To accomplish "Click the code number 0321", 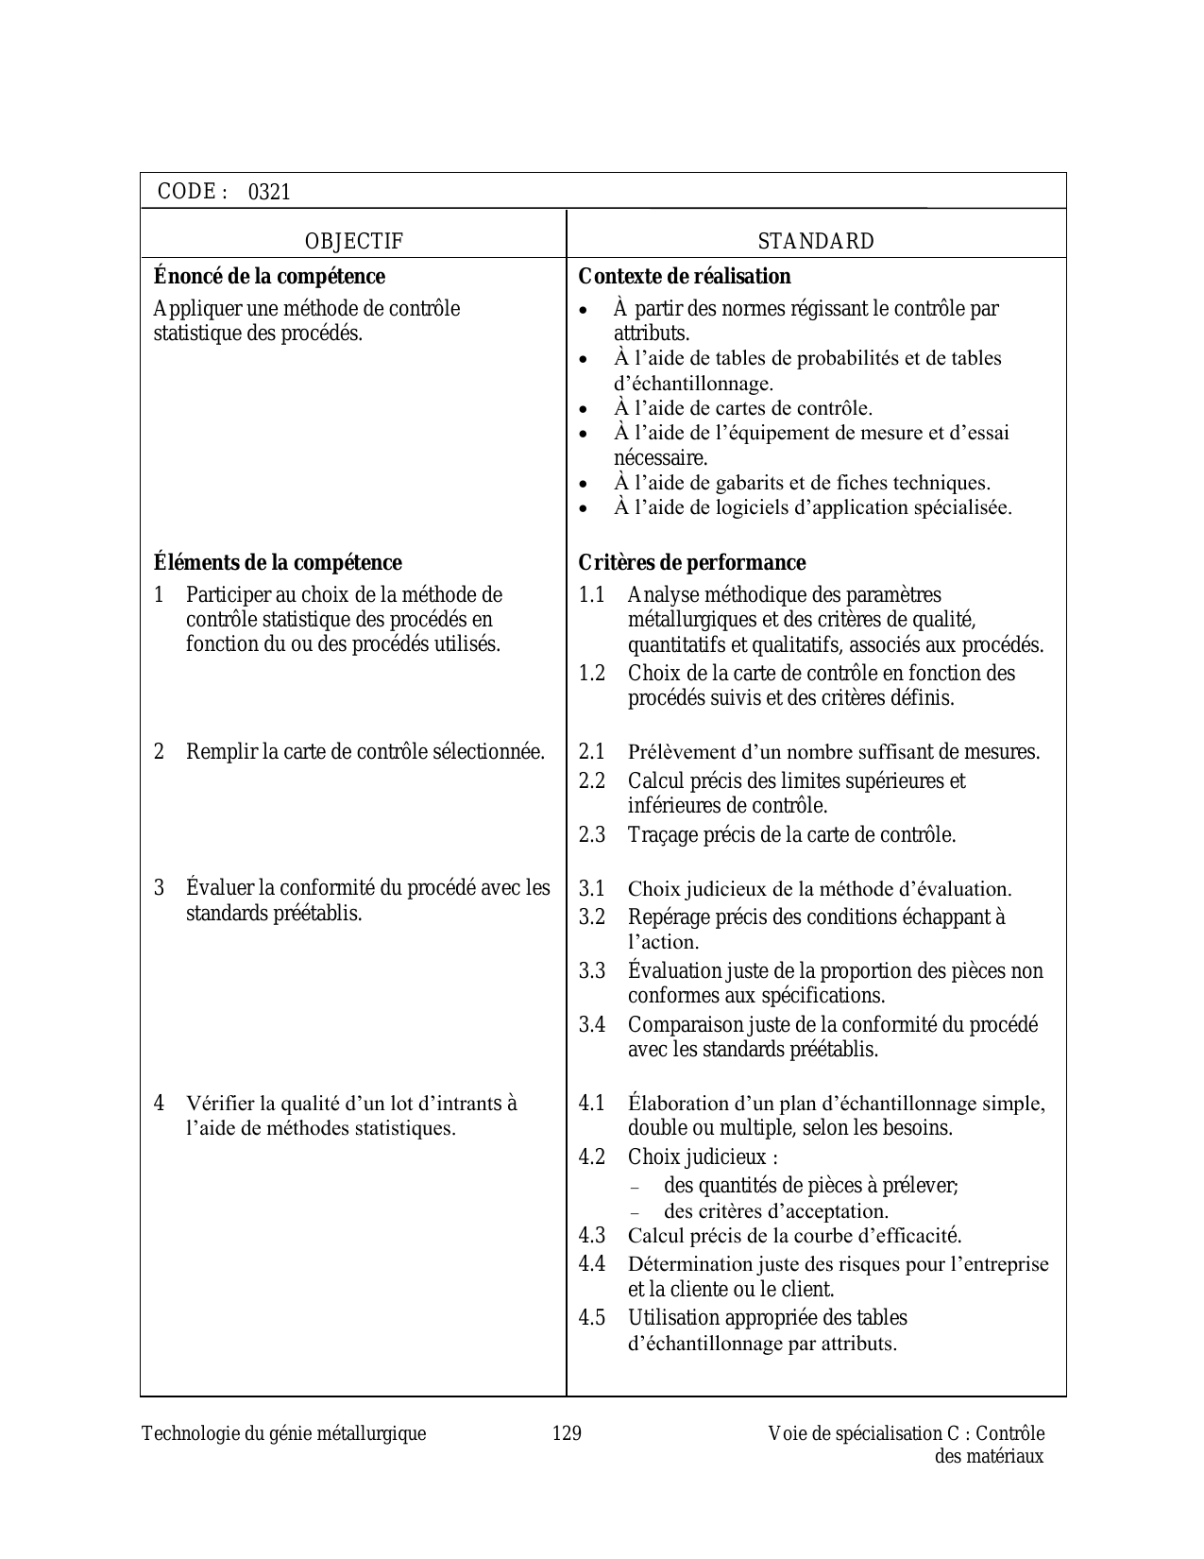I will [x=269, y=193].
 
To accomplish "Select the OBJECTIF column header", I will [x=354, y=242].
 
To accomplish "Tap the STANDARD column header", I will [x=816, y=242].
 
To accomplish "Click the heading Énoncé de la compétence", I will [x=269, y=277].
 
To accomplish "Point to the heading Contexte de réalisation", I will [x=685, y=277].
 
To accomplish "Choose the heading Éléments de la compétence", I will [x=278, y=563].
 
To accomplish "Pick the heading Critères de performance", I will [x=692, y=563].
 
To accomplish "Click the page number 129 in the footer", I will [x=567, y=1433].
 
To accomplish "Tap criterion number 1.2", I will [x=592, y=674].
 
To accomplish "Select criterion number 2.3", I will [x=592, y=835].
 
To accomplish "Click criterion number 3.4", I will [x=592, y=1025].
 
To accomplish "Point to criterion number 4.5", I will [x=592, y=1318].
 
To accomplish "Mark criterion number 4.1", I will [x=592, y=1104].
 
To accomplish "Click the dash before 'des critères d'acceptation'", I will [x=634, y=1213].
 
